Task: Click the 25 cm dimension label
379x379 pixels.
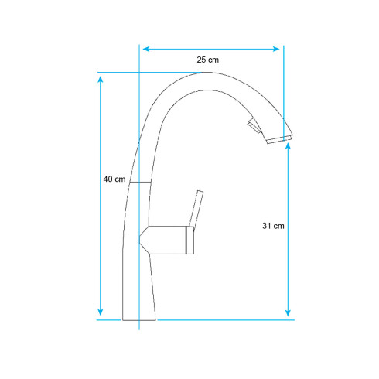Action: click(x=208, y=60)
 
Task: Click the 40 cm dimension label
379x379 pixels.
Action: click(x=114, y=179)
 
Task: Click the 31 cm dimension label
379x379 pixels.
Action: click(x=273, y=226)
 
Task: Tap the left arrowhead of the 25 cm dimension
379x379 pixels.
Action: click(x=146, y=49)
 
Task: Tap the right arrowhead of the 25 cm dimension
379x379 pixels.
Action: click(x=276, y=49)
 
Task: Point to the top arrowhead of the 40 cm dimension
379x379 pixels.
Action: click(x=101, y=79)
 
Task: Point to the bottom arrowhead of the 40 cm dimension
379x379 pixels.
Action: click(x=101, y=312)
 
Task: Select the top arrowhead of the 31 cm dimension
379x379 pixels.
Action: click(x=289, y=146)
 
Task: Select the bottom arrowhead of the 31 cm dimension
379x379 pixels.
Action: click(x=289, y=312)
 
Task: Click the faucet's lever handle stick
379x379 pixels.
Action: click(x=196, y=209)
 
